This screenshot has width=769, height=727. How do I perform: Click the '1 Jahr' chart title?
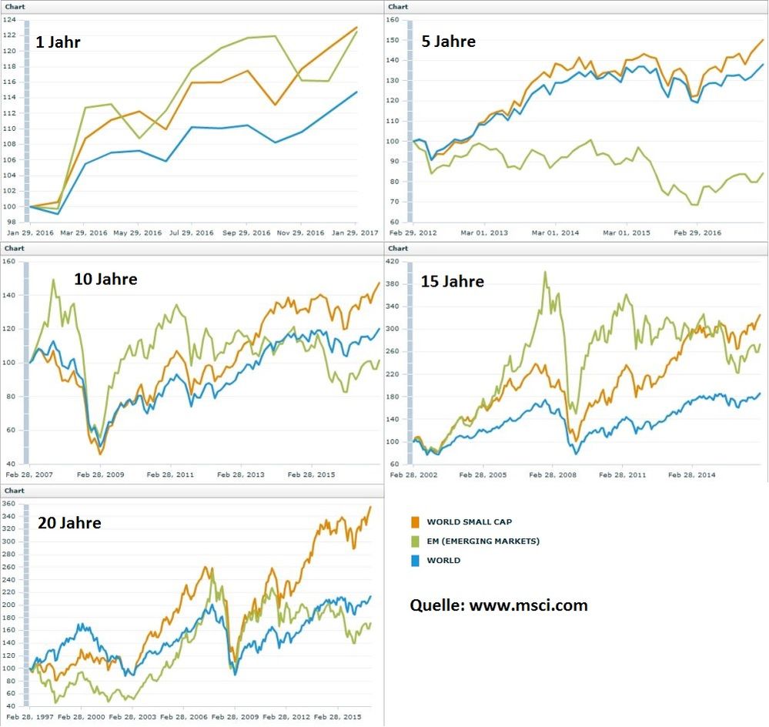[x=58, y=42]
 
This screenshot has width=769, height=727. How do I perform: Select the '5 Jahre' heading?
[x=449, y=41]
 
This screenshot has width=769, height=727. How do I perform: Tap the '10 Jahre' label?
[x=105, y=279]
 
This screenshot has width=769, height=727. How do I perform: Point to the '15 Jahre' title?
[x=453, y=281]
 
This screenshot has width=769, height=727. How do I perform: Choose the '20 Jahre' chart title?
[x=69, y=523]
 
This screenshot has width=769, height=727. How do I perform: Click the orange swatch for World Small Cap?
[x=416, y=522]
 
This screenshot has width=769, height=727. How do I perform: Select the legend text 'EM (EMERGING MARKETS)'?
[x=483, y=541]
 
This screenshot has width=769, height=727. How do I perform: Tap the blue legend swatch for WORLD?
[x=416, y=561]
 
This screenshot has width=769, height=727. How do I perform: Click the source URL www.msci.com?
[x=528, y=605]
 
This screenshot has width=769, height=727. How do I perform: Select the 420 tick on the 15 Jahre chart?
[x=398, y=263]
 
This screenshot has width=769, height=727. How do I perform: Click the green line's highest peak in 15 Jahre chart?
[x=545, y=272]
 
